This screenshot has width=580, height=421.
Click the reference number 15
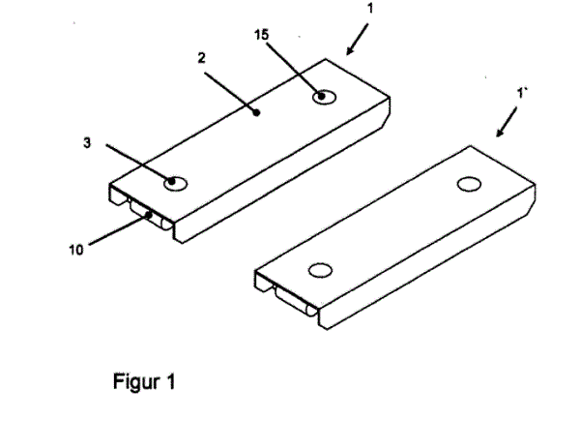click(x=261, y=35)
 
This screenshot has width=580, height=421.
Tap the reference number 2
click(x=201, y=58)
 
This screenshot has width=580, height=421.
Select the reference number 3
click(x=87, y=143)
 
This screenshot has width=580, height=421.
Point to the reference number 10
click(x=76, y=251)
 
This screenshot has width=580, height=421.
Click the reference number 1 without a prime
click(x=370, y=9)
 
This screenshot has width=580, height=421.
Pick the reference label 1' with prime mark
click(x=521, y=93)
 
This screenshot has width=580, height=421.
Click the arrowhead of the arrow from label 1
click(x=349, y=51)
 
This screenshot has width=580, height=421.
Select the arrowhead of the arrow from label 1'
click(x=500, y=133)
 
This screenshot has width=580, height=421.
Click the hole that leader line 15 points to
click(x=325, y=97)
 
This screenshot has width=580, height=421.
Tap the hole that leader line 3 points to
click(x=176, y=184)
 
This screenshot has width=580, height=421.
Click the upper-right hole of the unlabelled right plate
click(x=469, y=184)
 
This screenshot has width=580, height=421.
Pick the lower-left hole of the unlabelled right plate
click(x=320, y=270)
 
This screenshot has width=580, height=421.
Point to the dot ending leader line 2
click(x=258, y=112)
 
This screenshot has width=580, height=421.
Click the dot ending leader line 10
click(x=149, y=215)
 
